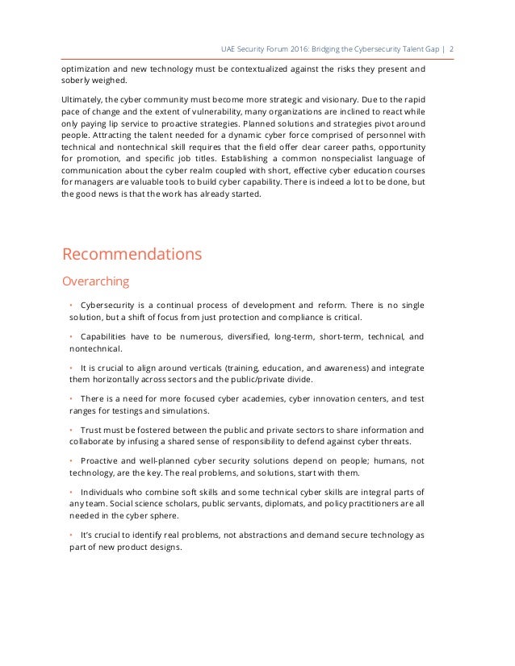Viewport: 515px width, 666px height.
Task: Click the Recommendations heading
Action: pos(132,255)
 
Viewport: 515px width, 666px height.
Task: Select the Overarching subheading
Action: pos(95,282)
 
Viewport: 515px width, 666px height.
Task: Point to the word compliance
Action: pos(315,318)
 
